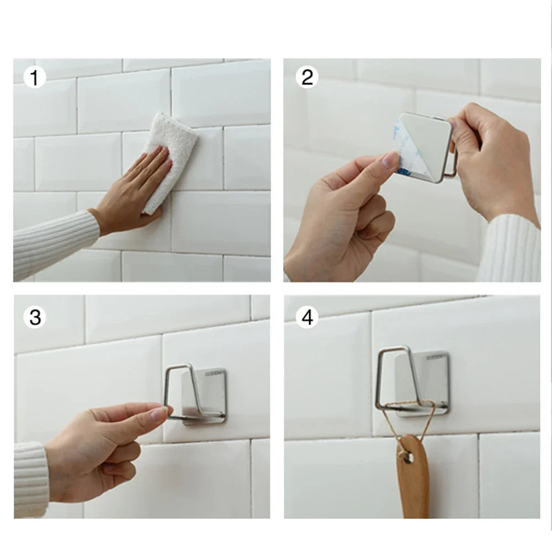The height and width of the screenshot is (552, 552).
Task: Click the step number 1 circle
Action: [34, 78]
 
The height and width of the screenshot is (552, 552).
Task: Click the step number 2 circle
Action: [307, 77]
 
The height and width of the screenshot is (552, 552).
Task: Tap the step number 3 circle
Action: [35, 318]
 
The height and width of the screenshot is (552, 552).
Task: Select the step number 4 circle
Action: [307, 317]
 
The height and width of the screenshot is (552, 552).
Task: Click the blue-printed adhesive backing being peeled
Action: [401, 149]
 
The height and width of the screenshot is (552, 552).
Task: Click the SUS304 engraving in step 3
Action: [213, 374]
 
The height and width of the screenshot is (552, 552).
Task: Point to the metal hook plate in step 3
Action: [207, 395]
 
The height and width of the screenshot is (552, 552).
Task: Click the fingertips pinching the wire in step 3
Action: [162, 411]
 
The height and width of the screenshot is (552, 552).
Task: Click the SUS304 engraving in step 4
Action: [434, 358]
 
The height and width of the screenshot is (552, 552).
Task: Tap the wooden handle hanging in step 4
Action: [412, 480]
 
